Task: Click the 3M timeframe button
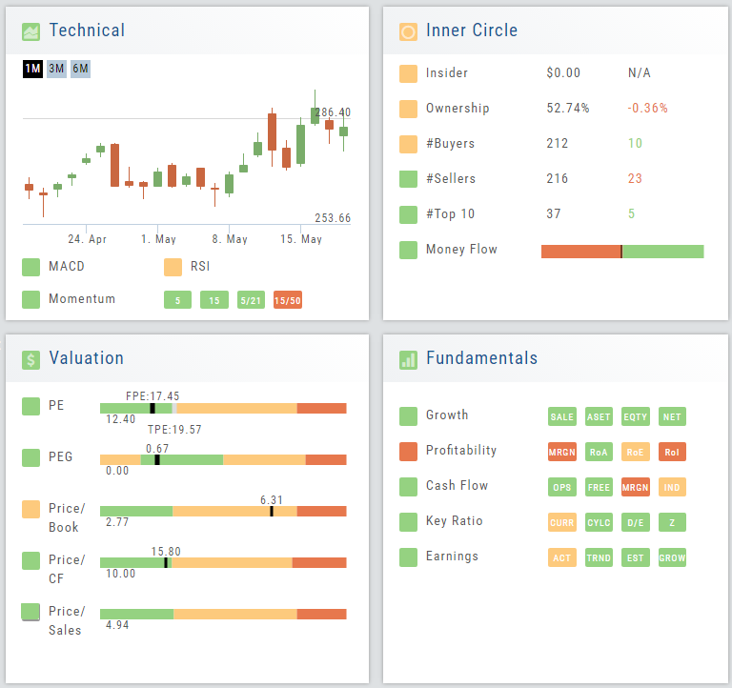(x=56, y=69)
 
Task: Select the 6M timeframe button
(x=80, y=69)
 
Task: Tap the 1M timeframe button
(x=32, y=69)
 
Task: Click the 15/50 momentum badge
(x=287, y=300)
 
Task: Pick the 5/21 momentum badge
(x=251, y=300)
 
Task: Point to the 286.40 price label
(x=333, y=112)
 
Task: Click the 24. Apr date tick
(x=87, y=239)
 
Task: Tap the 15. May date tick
(x=300, y=239)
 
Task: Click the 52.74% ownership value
(x=567, y=109)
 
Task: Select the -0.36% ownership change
(x=647, y=109)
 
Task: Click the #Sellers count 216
(x=558, y=179)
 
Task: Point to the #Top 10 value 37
(x=554, y=214)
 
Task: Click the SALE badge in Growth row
(x=562, y=416)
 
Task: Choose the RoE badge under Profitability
(x=635, y=453)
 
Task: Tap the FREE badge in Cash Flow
(x=599, y=487)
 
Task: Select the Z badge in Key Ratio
(x=672, y=522)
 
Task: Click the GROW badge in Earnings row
(x=672, y=557)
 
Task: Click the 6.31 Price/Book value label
(x=272, y=499)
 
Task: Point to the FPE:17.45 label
(x=152, y=395)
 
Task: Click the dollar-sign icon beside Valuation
(x=31, y=359)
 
